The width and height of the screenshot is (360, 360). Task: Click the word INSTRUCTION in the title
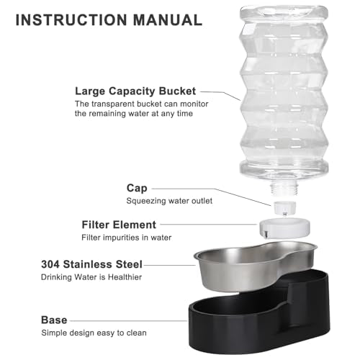[x=71, y=19]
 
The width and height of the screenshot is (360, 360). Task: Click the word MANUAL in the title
[x=168, y=19]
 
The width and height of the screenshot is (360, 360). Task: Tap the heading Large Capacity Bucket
[x=135, y=91]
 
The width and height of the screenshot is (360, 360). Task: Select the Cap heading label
[x=137, y=188]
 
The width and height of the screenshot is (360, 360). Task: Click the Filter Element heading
[x=119, y=225]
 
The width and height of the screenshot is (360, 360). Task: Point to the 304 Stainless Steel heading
[x=91, y=264]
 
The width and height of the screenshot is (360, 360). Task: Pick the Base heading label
[x=54, y=320]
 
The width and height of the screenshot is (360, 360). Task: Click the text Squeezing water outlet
[x=169, y=201]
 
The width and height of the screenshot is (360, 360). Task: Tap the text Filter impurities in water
[x=127, y=238]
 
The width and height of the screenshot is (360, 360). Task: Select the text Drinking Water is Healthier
[x=91, y=277]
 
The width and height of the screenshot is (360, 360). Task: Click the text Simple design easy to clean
[x=94, y=333]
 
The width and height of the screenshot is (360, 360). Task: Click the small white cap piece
[x=285, y=208]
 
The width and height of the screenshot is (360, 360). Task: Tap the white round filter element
[x=284, y=228]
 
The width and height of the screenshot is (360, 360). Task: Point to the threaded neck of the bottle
[x=284, y=189]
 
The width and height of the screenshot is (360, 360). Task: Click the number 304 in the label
[x=50, y=264]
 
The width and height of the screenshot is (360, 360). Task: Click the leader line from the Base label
[x=129, y=320]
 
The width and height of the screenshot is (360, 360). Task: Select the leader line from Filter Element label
[x=208, y=225]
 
